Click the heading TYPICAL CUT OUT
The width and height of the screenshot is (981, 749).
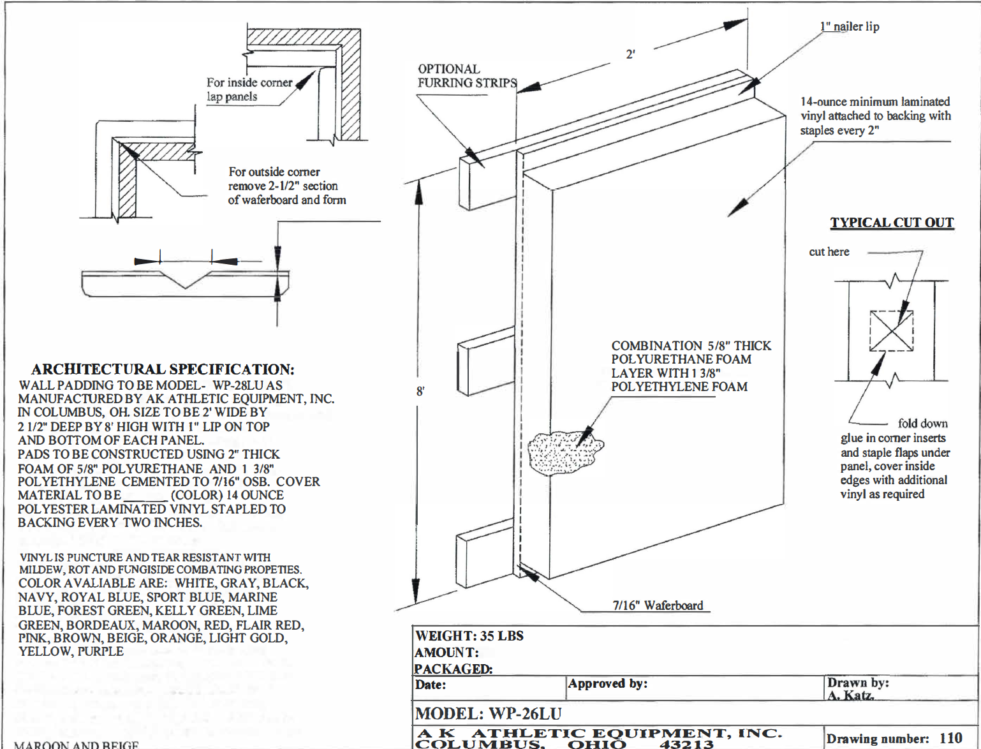coord(891,223)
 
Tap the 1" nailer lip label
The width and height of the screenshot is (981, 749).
coord(850,26)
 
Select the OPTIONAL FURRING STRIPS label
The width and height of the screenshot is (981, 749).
coord(466,76)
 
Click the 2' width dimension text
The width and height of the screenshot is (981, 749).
coord(630,54)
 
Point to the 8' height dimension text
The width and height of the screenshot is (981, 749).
coord(420,391)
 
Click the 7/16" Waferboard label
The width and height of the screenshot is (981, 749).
coord(658,605)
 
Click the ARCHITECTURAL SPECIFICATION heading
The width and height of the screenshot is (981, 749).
coord(163,369)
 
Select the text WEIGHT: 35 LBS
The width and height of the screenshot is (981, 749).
coord(469,636)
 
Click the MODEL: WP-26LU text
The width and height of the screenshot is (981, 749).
coord(488,713)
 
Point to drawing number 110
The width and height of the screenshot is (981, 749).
coord(950,738)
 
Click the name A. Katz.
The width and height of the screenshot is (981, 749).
coord(850,695)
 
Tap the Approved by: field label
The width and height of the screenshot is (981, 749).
coord(607,684)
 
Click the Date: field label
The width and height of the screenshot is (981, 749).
coord(431,685)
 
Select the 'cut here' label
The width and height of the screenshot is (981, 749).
coord(829,252)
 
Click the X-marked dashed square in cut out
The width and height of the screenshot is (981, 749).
coord(891,330)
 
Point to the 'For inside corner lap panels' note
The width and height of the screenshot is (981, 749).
coord(249,89)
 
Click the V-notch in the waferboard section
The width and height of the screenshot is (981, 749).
coord(186,281)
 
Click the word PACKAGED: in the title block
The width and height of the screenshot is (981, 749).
coord(454,669)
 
